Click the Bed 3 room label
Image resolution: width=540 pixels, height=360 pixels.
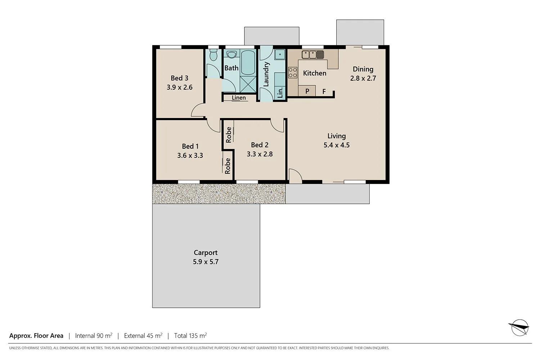point(179,78)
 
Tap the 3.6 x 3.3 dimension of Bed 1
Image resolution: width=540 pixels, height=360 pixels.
point(190,156)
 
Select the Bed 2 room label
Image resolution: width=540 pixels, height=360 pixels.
point(260,145)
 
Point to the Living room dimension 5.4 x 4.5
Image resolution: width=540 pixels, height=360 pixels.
point(337,145)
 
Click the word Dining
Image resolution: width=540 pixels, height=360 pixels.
point(363,69)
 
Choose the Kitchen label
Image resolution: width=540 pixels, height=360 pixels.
point(315,73)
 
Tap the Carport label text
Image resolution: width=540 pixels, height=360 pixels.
point(206,253)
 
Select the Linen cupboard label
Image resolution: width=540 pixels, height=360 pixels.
point(239,98)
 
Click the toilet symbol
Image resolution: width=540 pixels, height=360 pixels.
point(213,55)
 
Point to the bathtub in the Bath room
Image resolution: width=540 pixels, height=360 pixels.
point(248,62)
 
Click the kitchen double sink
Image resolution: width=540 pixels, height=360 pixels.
point(312,54)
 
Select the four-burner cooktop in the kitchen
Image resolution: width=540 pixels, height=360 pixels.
point(293,73)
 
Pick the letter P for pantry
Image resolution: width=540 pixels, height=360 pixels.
point(307,91)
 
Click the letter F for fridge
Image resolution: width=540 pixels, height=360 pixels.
point(324,91)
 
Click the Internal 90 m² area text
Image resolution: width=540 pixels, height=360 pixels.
point(94,336)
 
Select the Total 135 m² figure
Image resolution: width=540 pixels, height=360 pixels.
point(190,336)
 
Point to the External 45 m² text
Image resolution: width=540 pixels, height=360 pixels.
point(143,336)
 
